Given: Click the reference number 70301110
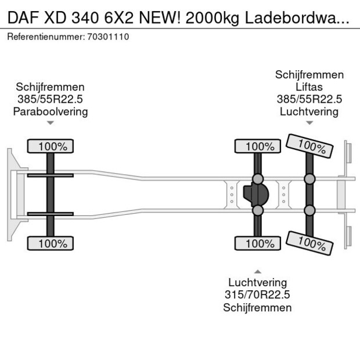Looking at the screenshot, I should [x=108, y=37].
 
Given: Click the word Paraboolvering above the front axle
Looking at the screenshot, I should [x=51, y=111].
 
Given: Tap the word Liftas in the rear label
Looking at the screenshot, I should [x=309, y=87].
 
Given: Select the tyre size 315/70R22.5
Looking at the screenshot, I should [x=257, y=295].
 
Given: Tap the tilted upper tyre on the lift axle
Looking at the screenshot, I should [x=309, y=146].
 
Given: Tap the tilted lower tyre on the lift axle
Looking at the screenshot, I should [x=309, y=244].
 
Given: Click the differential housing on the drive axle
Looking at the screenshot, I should [x=255, y=195].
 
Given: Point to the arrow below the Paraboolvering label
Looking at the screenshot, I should [x=51, y=123].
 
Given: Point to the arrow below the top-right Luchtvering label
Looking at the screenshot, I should [x=309, y=123].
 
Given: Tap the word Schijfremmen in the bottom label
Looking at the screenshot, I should [x=257, y=307].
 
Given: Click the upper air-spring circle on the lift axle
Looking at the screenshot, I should [x=309, y=178].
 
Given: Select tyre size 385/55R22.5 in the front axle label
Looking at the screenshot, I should [x=51, y=99].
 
